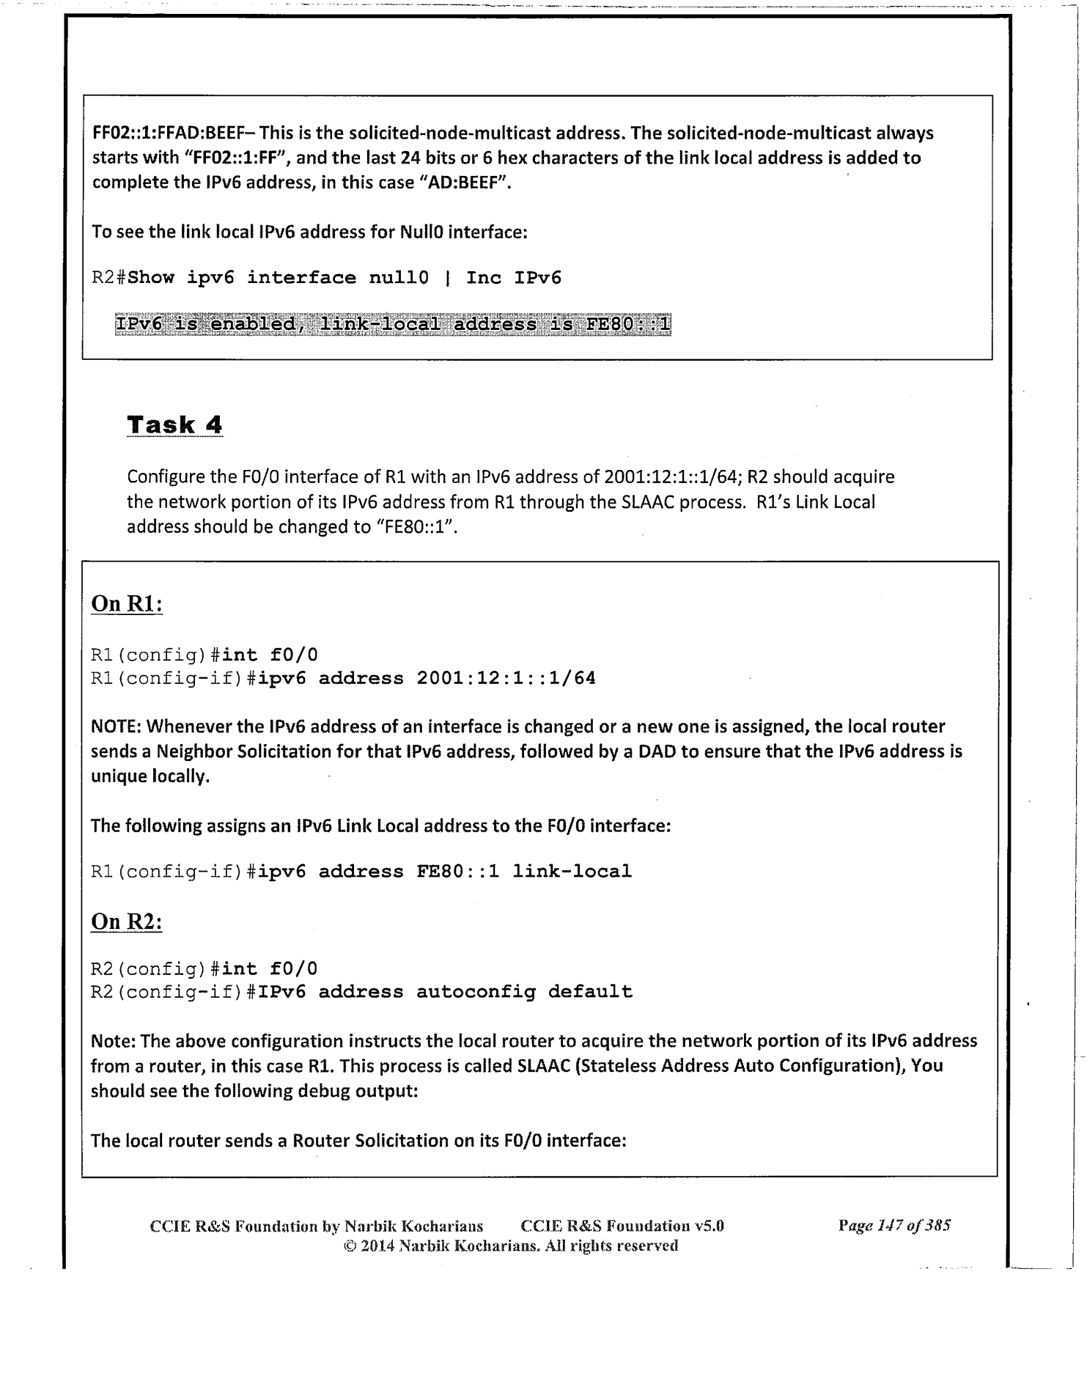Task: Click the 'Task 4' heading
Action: coord(174,424)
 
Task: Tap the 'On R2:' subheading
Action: coord(125,921)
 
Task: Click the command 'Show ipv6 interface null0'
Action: coord(278,278)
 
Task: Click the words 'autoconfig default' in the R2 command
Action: coord(524,992)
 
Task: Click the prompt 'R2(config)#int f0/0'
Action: coord(204,968)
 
